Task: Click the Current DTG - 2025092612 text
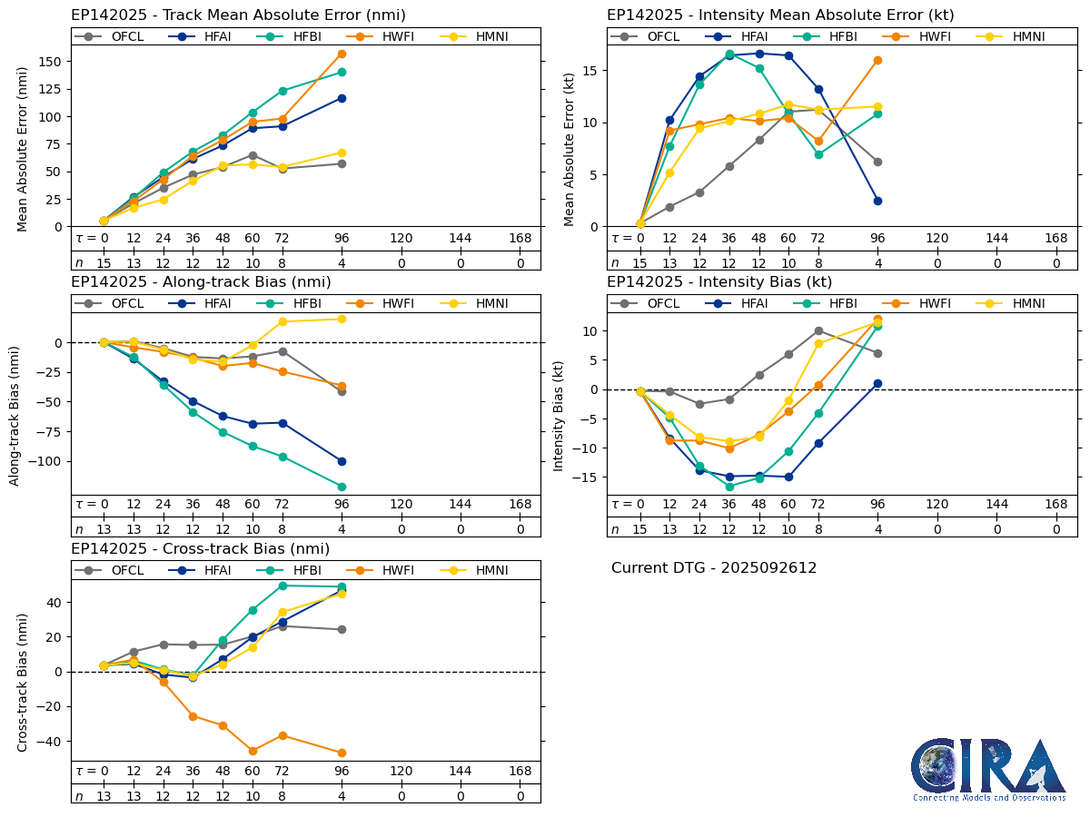coord(714,568)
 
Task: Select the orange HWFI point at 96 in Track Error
coord(342,54)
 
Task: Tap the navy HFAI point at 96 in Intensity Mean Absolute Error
coord(877,201)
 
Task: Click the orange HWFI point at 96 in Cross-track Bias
coord(342,753)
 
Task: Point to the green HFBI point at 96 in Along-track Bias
coord(342,487)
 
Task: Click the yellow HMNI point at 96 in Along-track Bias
coord(342,319)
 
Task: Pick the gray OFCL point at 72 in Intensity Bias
coord(818,330)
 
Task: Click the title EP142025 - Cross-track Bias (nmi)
coord(200,549)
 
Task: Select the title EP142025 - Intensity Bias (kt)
coord(719,282)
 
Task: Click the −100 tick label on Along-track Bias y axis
coord(43,461)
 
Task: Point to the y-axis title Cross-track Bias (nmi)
coord(23,682)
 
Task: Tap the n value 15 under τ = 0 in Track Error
coord(104,263)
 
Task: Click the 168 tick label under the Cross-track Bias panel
coord(520,772)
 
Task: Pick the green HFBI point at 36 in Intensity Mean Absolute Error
coord(729,54)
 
